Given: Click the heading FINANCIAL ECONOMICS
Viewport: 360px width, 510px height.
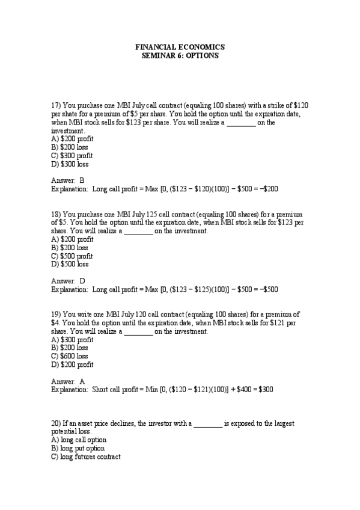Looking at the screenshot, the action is [x=180, y=47].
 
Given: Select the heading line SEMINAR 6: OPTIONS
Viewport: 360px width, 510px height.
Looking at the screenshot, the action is [x=180, y=55].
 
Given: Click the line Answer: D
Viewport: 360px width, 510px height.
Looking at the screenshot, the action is [x=69, y=280].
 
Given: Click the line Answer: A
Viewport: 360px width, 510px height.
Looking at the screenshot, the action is [x=69, y=381].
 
